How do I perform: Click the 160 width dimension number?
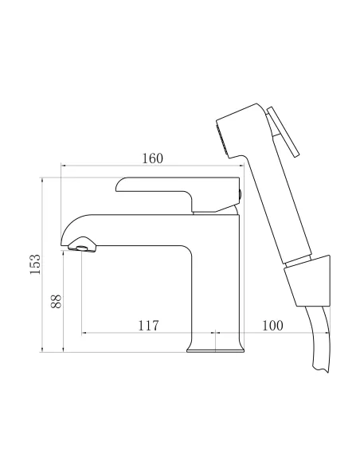(x=153, y=158)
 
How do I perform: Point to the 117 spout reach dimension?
(x=149, y=325)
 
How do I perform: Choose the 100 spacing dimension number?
(x=272, y=325)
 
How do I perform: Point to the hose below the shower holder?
(x=316, y=342)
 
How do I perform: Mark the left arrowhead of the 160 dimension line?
(x=65, y=166)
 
